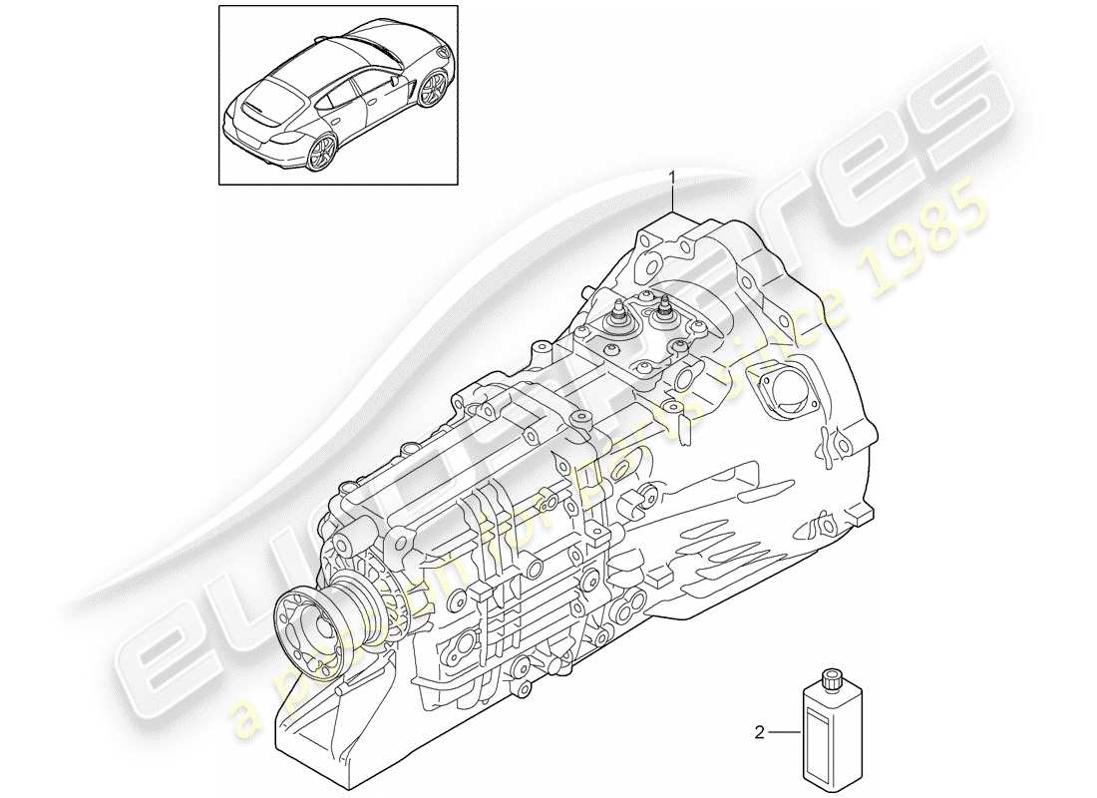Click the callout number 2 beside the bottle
point(760,733)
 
